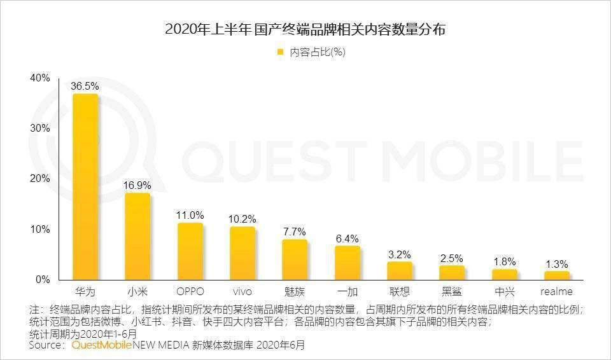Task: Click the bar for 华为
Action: click(85, 187)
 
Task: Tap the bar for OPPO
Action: click(190, 251)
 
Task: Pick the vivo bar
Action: click(242, 253)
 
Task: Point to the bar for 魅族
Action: click(295, 260)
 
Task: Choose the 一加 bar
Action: click(348, 263)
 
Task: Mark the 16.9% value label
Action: click(137, 186)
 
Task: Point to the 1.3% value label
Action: click(557, 264)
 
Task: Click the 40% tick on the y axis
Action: click(39, 78)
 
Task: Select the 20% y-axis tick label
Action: click(39, 179)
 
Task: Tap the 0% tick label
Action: click(42, 280)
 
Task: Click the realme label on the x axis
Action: click(557, 292)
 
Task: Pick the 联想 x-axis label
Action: click(400, 292)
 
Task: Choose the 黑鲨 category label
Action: click(452, 292)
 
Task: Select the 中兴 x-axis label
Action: click(505, 292)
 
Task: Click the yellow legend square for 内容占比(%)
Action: click(279, 53)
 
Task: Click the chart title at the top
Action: click(305, 29)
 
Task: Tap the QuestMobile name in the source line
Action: click(102, 345)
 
